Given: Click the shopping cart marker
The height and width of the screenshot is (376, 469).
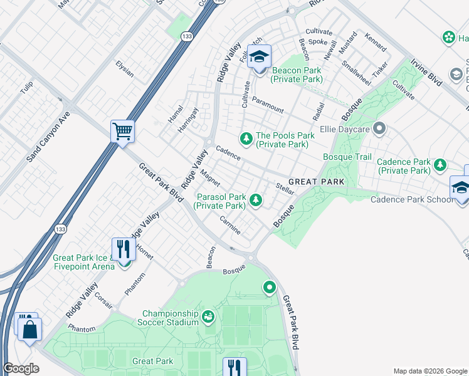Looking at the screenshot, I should (x=123, y=132).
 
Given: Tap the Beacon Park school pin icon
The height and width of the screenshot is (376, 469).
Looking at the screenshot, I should (x=258, y=57).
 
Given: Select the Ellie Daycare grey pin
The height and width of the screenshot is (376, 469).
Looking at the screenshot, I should (x=378, y=129).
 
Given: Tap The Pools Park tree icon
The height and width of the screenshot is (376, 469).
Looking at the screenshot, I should (x=246, y=138).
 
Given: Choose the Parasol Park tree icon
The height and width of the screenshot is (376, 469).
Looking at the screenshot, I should (x=255, y=200).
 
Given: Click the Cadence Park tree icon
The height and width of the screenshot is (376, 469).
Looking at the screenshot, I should (x=441, y=165).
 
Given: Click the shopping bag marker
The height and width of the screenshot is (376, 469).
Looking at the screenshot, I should (x=29, y=328).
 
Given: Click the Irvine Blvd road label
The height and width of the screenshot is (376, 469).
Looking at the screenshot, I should (x=428, y=73).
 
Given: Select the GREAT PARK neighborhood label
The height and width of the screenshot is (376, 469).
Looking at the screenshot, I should (x=316, y=182).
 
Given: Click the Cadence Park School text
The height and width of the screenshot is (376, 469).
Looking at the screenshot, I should (x=411, y=199).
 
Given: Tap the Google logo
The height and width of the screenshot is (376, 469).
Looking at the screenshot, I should (x=21, y=369).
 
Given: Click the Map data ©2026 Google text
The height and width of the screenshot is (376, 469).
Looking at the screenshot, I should (x=429, y=371).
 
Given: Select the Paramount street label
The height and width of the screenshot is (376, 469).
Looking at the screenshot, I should (x=268, y=103).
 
